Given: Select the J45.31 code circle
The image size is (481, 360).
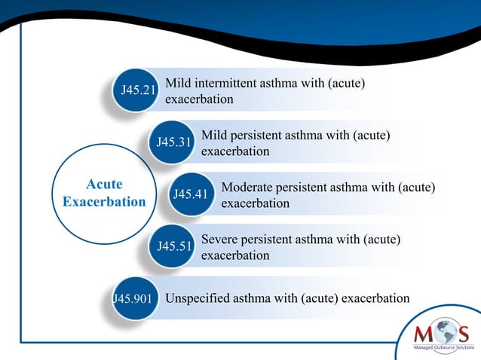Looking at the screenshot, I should [x=173, y=142].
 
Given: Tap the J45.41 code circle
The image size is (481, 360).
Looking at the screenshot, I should [x=190, y=194].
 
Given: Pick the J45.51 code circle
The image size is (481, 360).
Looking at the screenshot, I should [x=173, y=246].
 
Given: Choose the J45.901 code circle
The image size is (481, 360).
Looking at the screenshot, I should [x=133, y=298].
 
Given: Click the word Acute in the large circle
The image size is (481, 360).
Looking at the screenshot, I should [x=104, y=185].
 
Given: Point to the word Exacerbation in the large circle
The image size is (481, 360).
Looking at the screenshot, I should [x=104, y=202].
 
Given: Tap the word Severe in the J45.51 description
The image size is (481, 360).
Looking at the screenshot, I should [x=219, y=239].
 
